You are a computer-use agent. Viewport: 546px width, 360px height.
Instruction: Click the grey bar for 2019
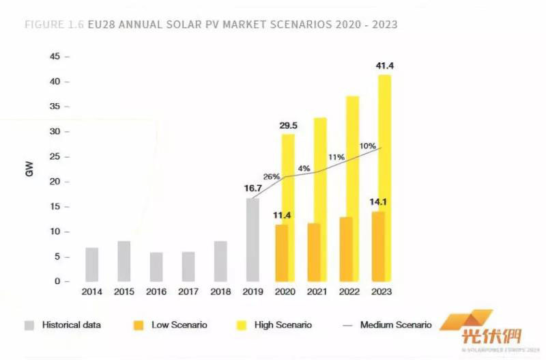click(253, 240)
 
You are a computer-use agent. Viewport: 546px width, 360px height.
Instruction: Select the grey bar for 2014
click(91, 264)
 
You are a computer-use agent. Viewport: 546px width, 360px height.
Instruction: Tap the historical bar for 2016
click(156, 267)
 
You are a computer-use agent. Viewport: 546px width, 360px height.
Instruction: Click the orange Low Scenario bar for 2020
click(281, 253)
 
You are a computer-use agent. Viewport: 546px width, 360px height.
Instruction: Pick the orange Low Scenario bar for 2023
click(377, 247)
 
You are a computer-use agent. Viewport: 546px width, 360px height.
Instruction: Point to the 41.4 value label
click(385, 66)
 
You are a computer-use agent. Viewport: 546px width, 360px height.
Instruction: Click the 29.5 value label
click(288, 125)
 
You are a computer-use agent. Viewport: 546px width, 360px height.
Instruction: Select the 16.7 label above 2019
click(253, 189)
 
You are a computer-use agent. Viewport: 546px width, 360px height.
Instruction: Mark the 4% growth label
click(304, 168)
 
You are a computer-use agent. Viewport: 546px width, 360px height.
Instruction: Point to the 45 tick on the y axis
click(55, 57)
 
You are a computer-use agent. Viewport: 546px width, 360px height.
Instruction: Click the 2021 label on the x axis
click(317, 292)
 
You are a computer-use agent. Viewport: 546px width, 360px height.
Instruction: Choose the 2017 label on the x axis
click(188, 292)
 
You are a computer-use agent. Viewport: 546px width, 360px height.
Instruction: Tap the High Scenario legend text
click(283, 325)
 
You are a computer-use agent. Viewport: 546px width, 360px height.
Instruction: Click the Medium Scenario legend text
click(395, 325)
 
